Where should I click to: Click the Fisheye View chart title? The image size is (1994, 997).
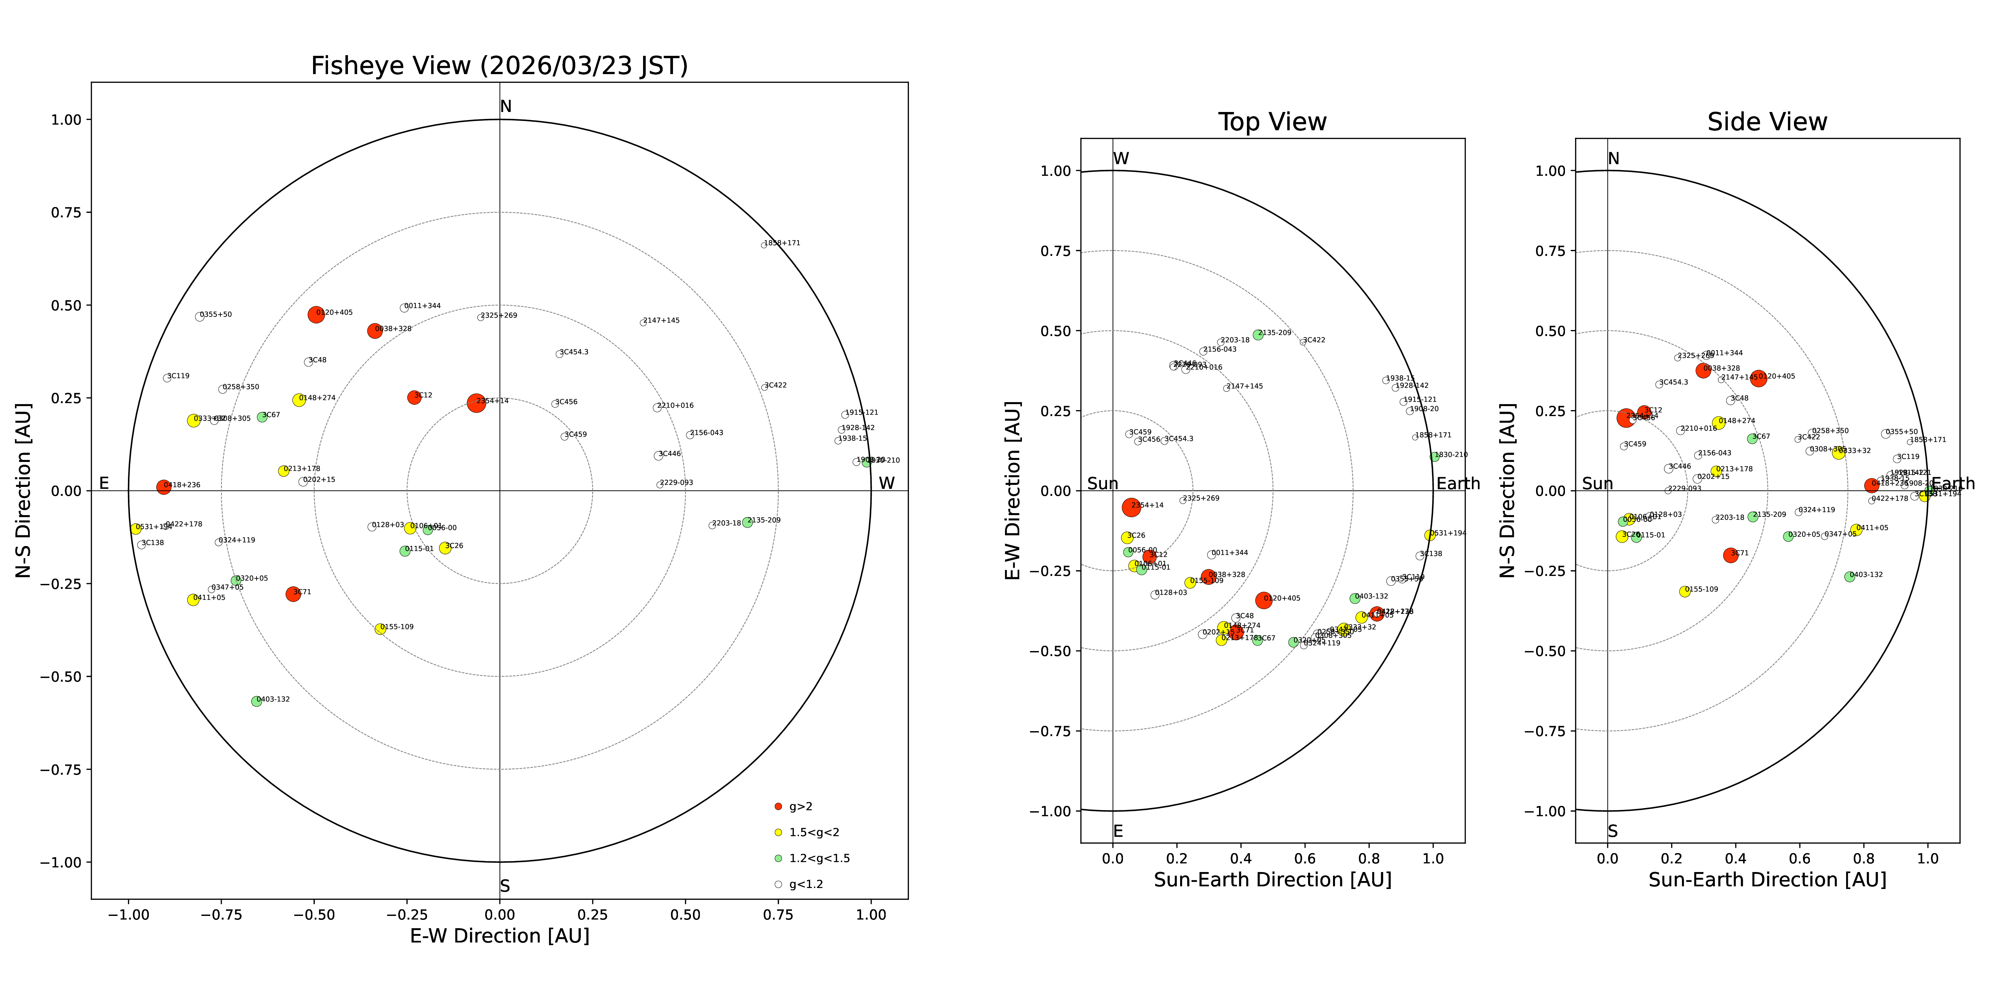pos(499,66)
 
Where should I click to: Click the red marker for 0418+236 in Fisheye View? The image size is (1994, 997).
pos(163,487)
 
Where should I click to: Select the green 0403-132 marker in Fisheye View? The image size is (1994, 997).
pos(256,701)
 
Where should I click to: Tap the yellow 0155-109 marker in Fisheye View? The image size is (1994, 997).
pos(380,629)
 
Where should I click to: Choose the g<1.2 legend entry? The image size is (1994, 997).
pos(805,884)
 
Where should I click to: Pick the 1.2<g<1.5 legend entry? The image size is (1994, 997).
pos(819,858)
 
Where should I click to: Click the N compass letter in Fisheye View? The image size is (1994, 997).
pos(505,107)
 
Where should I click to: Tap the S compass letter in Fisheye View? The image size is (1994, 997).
pos(505,886)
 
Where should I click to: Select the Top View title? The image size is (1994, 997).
pos(1272,122)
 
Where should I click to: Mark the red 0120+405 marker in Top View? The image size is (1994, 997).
pos(1264,600)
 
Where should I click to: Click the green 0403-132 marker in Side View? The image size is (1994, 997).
pos(1849,577)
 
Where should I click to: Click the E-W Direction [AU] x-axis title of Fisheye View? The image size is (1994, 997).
pos(499,936)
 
